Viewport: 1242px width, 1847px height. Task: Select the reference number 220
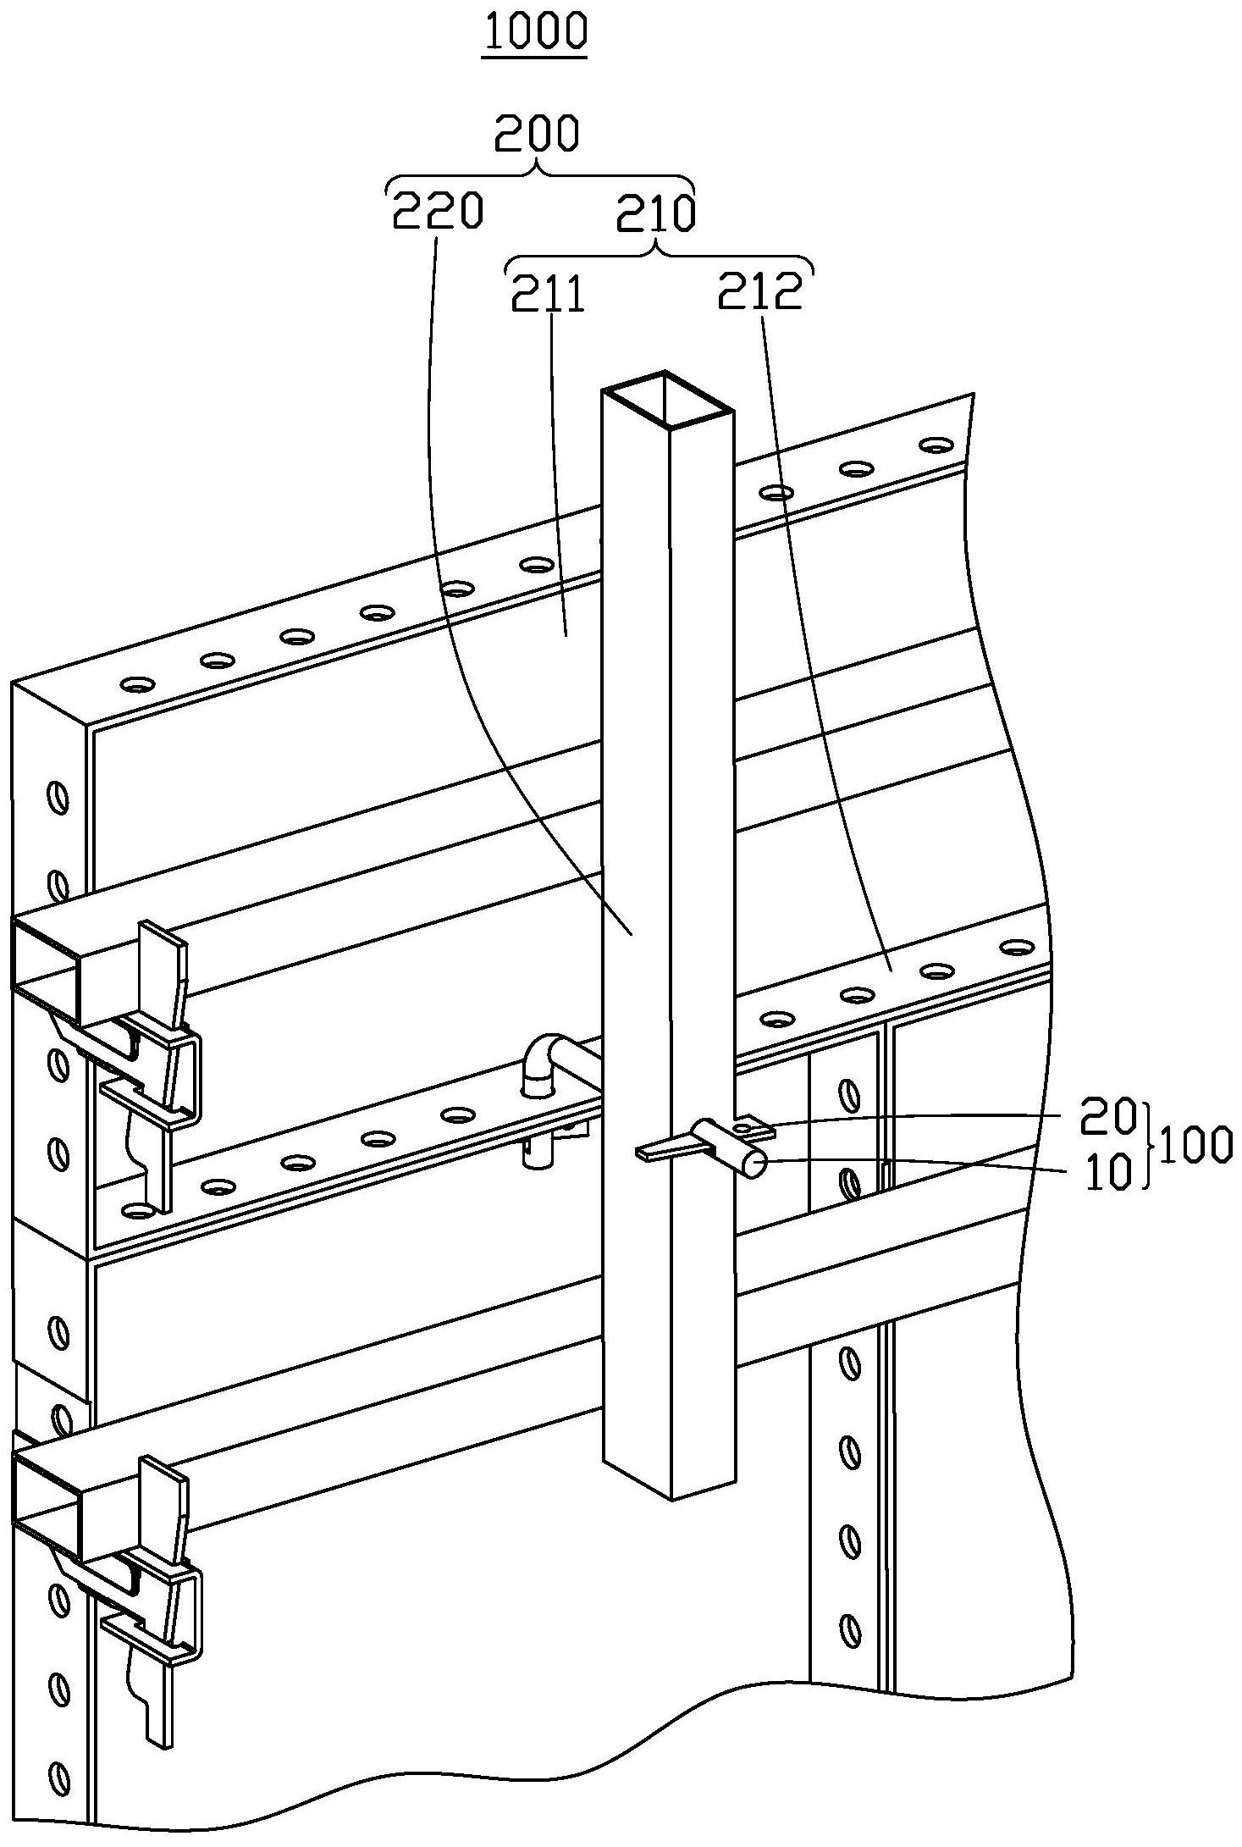point(437,211)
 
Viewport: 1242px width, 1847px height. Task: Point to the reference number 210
point(655,213)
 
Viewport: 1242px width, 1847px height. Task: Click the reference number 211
point(548,295)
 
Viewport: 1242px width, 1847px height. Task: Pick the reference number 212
point(759,292)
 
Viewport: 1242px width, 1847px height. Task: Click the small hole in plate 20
point(744,1127)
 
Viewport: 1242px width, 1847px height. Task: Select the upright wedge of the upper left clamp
point(161,974)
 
